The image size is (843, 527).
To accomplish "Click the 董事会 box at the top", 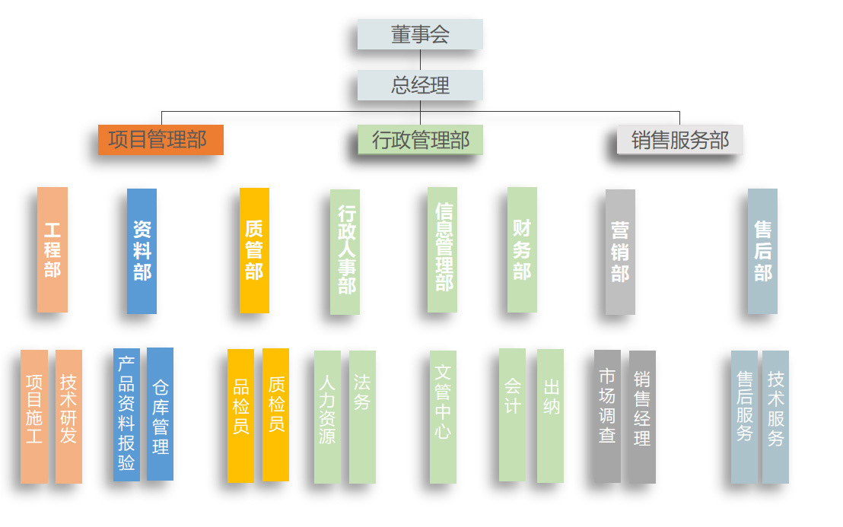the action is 420,34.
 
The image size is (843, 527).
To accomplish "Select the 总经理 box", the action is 420,85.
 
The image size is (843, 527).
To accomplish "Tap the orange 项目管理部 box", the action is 161,140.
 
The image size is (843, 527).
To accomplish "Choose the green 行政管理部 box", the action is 420,140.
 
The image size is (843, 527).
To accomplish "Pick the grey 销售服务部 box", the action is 680,140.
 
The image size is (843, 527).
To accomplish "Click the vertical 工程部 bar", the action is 52,249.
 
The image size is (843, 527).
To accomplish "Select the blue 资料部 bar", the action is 142,251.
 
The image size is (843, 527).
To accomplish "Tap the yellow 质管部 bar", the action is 254,250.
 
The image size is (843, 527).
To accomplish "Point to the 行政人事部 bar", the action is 345,252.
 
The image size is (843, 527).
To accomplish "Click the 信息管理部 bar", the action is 443,249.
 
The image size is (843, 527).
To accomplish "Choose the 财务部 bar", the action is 522,249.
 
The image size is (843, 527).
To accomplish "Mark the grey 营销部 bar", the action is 620,252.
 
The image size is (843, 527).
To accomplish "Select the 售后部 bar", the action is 762,252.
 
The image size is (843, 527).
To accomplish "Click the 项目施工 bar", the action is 34,417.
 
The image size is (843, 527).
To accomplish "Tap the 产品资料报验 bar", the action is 126,414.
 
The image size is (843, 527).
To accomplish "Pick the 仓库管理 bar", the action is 161,414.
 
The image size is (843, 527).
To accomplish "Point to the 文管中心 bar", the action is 443,417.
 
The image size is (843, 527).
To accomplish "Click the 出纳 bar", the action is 551,416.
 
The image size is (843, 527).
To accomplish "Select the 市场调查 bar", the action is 607,417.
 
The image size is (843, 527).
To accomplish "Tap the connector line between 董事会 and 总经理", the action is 420,59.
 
